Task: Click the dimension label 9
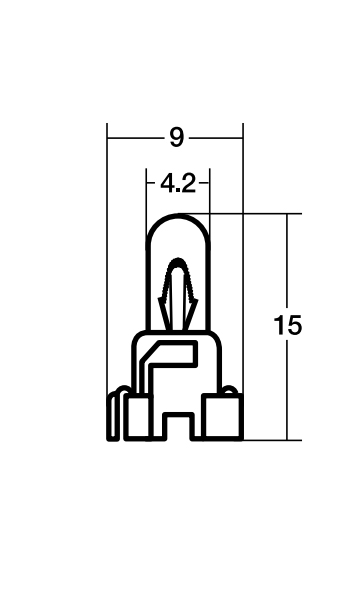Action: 176,137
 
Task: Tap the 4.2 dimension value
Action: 178,184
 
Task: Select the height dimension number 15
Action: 288,326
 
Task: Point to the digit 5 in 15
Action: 294,326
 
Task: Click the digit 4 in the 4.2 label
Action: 167,184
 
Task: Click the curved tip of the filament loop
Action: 178,262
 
